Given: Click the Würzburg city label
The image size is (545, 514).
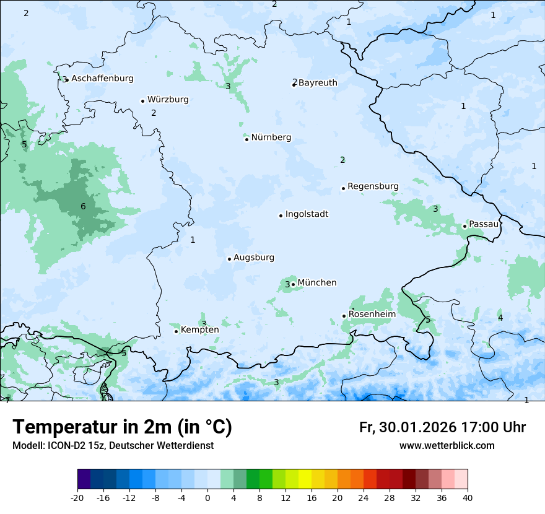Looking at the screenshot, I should tap(168, 100).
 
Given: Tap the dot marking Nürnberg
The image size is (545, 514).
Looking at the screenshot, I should tap(246, 139).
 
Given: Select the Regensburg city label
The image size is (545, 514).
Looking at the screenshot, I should tap(373, 186).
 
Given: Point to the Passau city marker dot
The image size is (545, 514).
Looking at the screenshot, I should tap(464, 226).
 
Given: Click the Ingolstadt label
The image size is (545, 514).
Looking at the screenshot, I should tap(307, 214).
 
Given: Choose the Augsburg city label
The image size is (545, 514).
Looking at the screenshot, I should tap(254, 258).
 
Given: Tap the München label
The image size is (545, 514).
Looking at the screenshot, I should tap(317, 283).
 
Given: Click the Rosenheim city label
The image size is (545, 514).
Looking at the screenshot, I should tap(372, 315).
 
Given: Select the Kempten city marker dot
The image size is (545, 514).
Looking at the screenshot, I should tap(176, 331).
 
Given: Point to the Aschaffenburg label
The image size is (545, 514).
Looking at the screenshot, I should tap(102, 79).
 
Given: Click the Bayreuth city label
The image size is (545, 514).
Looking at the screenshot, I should tap(318, 83).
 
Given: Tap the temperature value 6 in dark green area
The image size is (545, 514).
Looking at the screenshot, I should tap(83, 206).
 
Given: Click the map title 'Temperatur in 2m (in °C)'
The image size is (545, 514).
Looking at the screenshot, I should tap(122, 427).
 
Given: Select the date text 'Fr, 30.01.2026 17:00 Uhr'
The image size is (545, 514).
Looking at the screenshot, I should tap(442, 427).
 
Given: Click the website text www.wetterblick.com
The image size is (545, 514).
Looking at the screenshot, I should tap(447, 446).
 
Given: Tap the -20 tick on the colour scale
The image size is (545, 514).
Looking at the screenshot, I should tap(77, 497).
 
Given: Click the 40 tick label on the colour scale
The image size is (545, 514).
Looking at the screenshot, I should tap(468, 497).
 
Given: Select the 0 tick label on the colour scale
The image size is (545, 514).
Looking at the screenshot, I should tap(207, 497).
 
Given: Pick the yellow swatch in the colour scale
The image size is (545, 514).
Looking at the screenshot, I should tap(305, 479).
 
